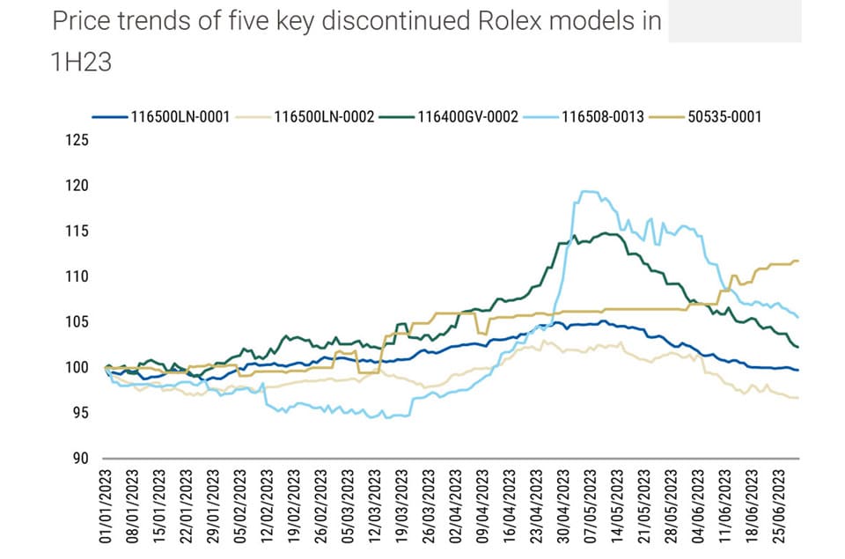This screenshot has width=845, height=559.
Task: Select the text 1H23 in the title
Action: pos(82,62)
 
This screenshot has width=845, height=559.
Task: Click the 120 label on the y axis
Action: pos(78,186)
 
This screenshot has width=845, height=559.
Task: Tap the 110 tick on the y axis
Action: pos(78,276)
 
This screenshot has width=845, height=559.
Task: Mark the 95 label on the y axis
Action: pos(81,413)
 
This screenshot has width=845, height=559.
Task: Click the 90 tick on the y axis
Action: pos(81,458)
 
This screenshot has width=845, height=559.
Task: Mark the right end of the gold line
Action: pos(797,261)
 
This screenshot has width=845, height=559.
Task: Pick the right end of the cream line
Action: pos(797,399)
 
